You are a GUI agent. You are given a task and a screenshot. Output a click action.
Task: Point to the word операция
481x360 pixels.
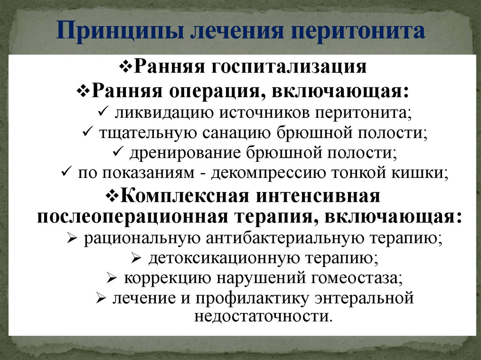pos(207,89)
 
